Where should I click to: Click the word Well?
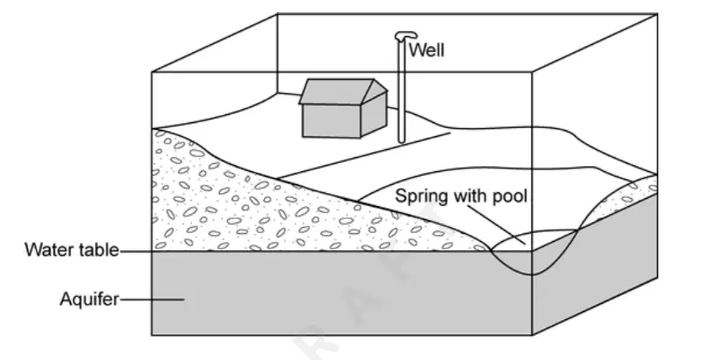427,50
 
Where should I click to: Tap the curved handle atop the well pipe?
406,36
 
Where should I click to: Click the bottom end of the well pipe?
401,141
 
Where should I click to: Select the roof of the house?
343,91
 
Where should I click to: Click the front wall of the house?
331,121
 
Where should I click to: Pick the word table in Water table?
97,249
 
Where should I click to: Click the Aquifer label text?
90,299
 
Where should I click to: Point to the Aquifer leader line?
152,299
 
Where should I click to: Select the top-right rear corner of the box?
657,14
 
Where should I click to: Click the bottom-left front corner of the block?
152,335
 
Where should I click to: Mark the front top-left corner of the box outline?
152,72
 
